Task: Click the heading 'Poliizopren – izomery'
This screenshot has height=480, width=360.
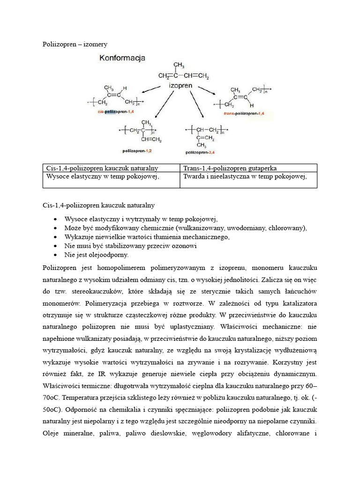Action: pos(75,44)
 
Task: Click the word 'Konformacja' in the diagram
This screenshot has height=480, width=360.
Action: pos(122,58)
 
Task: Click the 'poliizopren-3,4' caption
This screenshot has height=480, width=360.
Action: pos(202,152)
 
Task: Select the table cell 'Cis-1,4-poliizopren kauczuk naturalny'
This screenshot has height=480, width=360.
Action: pos(102,168)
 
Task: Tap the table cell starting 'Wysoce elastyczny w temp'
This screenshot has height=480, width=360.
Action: pos(100,176)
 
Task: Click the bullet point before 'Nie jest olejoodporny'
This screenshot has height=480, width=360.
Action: pos(55,255)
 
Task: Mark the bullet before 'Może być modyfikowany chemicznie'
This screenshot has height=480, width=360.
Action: pos(55,228)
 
